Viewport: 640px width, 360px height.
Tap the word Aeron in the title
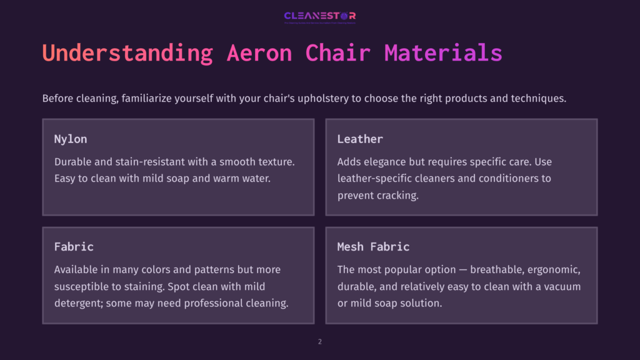tap(259, 53)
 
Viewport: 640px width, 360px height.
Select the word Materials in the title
tap(443, 53)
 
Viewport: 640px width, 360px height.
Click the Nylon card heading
tap(71, 139)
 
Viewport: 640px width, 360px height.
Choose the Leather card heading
tap(360, 139)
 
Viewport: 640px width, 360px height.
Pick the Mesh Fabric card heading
tap(373, 247)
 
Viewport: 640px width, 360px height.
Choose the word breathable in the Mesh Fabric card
tap(499, 270)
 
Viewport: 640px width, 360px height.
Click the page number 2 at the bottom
tap(320, 342)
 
